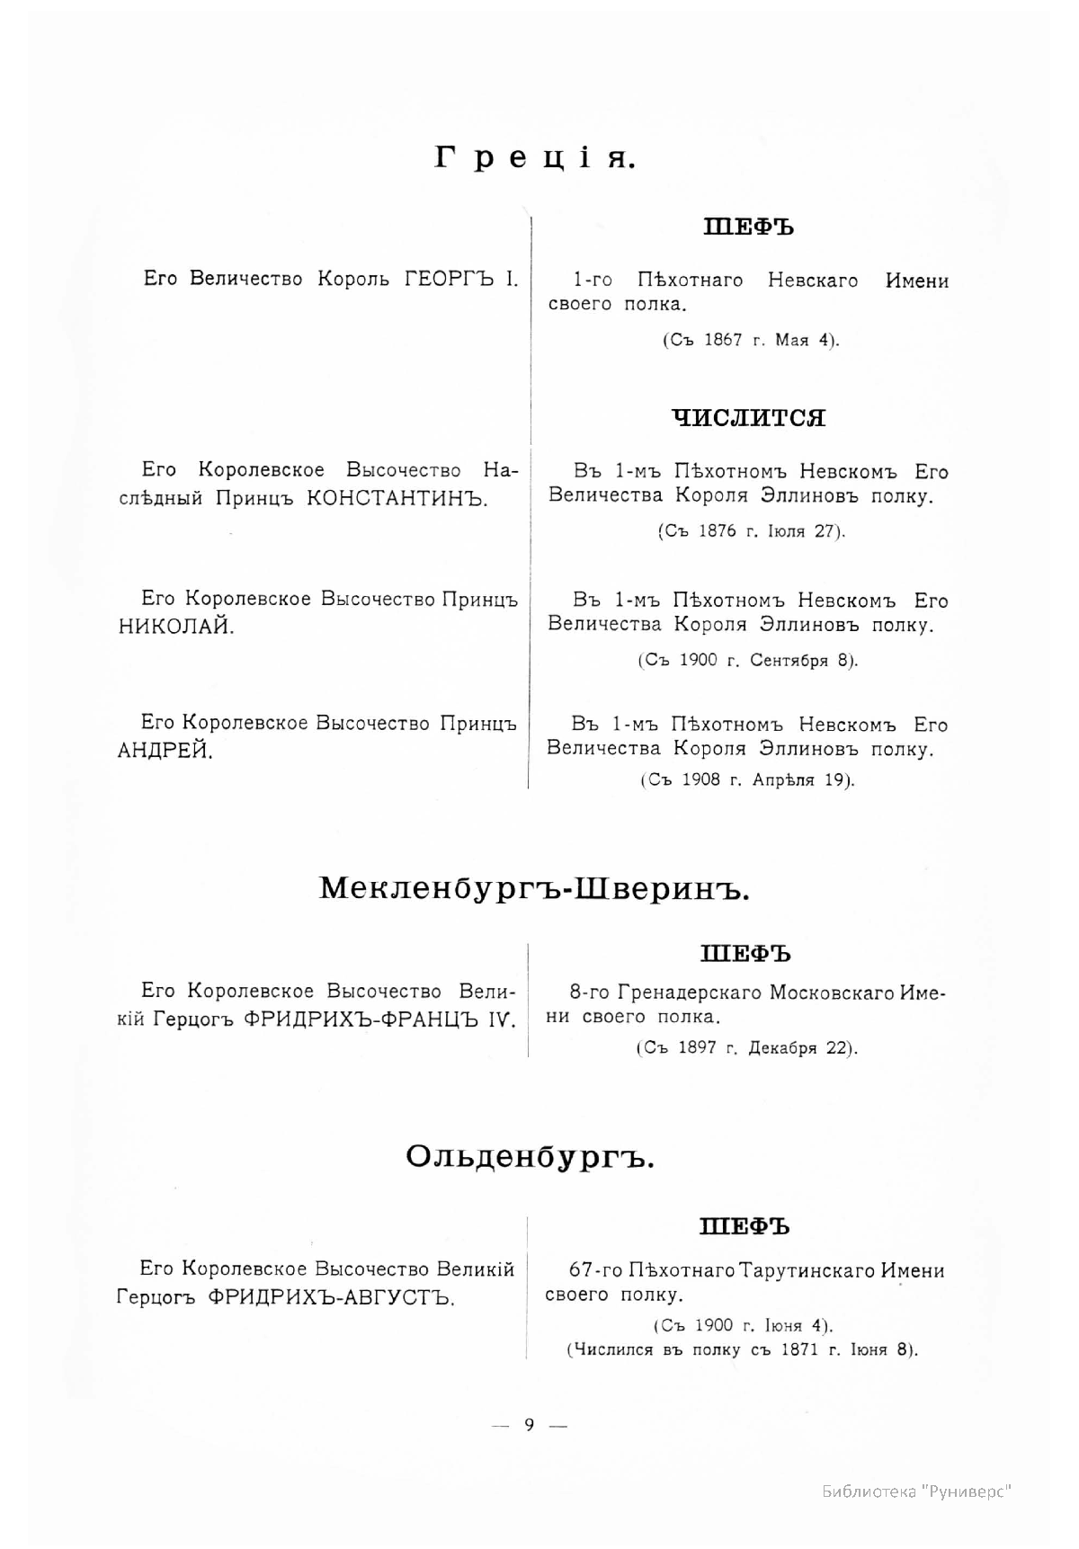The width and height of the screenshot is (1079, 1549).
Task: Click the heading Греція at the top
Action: (536, 158)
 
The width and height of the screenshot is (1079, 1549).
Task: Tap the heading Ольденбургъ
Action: (530, 1156)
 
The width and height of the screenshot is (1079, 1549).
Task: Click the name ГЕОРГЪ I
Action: (461, 279)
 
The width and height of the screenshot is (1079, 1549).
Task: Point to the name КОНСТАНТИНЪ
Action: (397, 498)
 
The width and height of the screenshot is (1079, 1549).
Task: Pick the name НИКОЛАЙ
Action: (176, 627)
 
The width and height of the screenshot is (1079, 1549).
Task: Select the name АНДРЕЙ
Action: (165, 751)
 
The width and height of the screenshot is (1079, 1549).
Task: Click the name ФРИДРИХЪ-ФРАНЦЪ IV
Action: (380, 1020)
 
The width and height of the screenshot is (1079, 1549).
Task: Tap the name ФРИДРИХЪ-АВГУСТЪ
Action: (330, 1297)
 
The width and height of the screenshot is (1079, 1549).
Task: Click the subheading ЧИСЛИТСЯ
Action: (748, 418)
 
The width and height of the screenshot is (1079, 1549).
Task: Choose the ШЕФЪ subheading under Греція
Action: (748, 227)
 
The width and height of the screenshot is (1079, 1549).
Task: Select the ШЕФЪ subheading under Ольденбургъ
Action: (745, 1226)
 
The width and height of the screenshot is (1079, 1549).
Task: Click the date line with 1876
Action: (751, 531)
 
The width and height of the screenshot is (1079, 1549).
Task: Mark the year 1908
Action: (701, 779)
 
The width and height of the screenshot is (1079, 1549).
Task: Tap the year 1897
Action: (698, 1048)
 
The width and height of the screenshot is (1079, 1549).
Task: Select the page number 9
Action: (530, 1424)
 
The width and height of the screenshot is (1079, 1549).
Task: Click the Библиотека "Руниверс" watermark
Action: (916, 1492)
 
